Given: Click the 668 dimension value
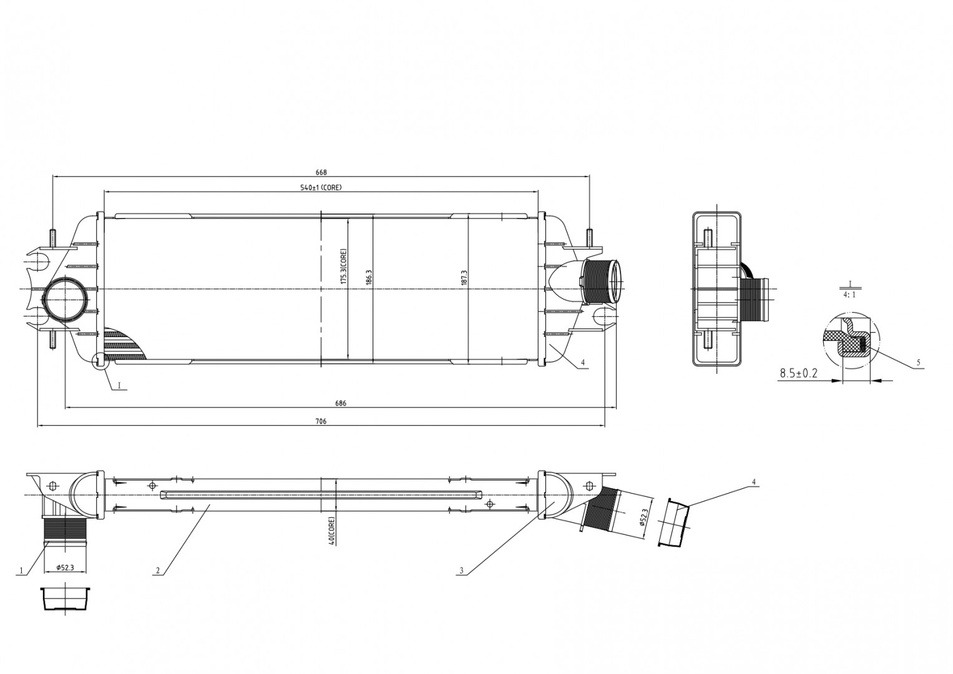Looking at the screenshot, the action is coord(321,172).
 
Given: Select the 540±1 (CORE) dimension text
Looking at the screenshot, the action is coord(321,187).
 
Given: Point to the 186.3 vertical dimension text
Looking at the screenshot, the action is coord(369,276).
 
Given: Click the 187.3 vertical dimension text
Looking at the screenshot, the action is coord(464,276).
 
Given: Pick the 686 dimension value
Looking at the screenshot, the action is coord(341,403).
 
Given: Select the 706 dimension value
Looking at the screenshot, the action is coord(321,421).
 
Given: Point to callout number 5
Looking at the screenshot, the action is coord(918,363).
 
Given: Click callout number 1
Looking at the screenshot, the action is coord(20,571).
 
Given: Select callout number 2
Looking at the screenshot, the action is coord(157,570).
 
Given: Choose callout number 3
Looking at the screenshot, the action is coord(461,570).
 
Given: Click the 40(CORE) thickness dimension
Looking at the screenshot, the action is coord(332,530).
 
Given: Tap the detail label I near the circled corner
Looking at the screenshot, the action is coord(120,385).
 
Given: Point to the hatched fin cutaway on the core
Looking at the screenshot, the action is coord(125,343).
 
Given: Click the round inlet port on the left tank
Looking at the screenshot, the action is coord(66,301).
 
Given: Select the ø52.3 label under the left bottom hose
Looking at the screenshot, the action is coord(65,567).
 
